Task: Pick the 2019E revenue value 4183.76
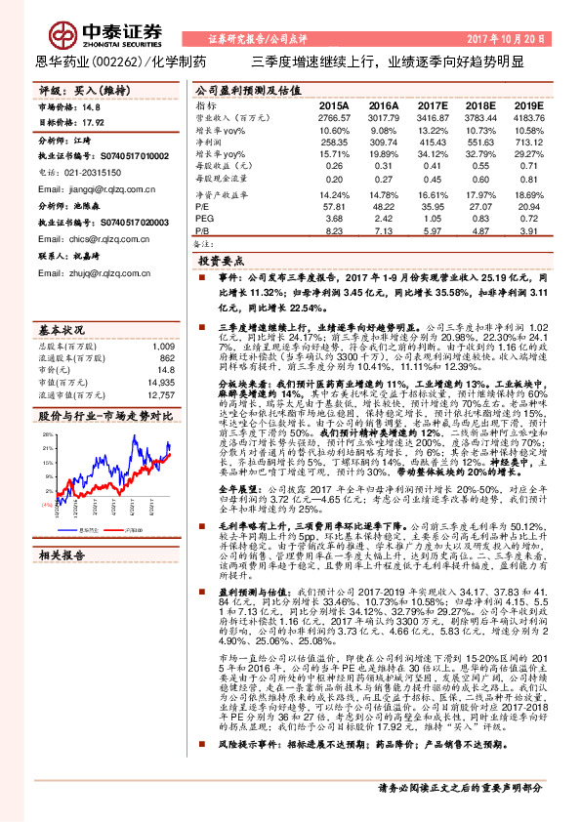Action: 531,116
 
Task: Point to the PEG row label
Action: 202,219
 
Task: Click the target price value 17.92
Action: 94,123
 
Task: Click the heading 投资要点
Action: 221,263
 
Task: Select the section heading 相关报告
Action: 63,555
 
